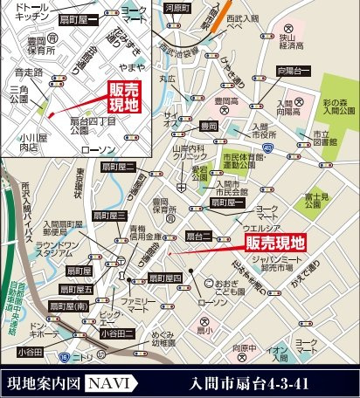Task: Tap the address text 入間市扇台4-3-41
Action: pyautogui.click(x=252, y=382)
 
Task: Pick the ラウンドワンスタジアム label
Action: pyautogui.click(x=57, y=250)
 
